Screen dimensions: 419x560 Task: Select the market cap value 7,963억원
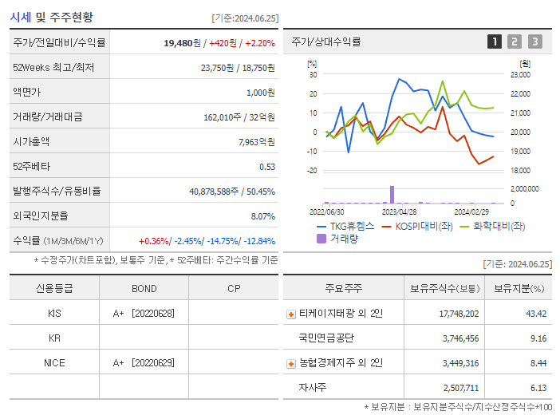click(x=256, y=142)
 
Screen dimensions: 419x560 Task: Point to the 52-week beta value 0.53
click(x=267, y=167)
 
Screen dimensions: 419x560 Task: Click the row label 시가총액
click(x=31, y=142)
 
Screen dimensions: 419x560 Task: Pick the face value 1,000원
click(x=260, y=93)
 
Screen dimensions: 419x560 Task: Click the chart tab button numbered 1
click(x=495, y=42)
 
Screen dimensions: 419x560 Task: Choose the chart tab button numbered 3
click(x=534, y=42)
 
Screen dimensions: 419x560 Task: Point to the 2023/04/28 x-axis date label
click(x=400, y=212)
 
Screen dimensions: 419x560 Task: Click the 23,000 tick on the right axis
click(x=519, y=74)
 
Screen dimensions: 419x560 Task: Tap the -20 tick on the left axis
click(x=312, y=171)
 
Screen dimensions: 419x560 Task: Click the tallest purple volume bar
click(x=392, y=194)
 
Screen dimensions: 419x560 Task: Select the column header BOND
click(x=144, y=289)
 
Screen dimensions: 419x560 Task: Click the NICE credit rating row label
click(x=54, y=362)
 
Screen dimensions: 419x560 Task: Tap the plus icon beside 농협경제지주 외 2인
click(x=291, y=363)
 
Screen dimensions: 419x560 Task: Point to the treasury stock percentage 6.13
click(x=536, y=388)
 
